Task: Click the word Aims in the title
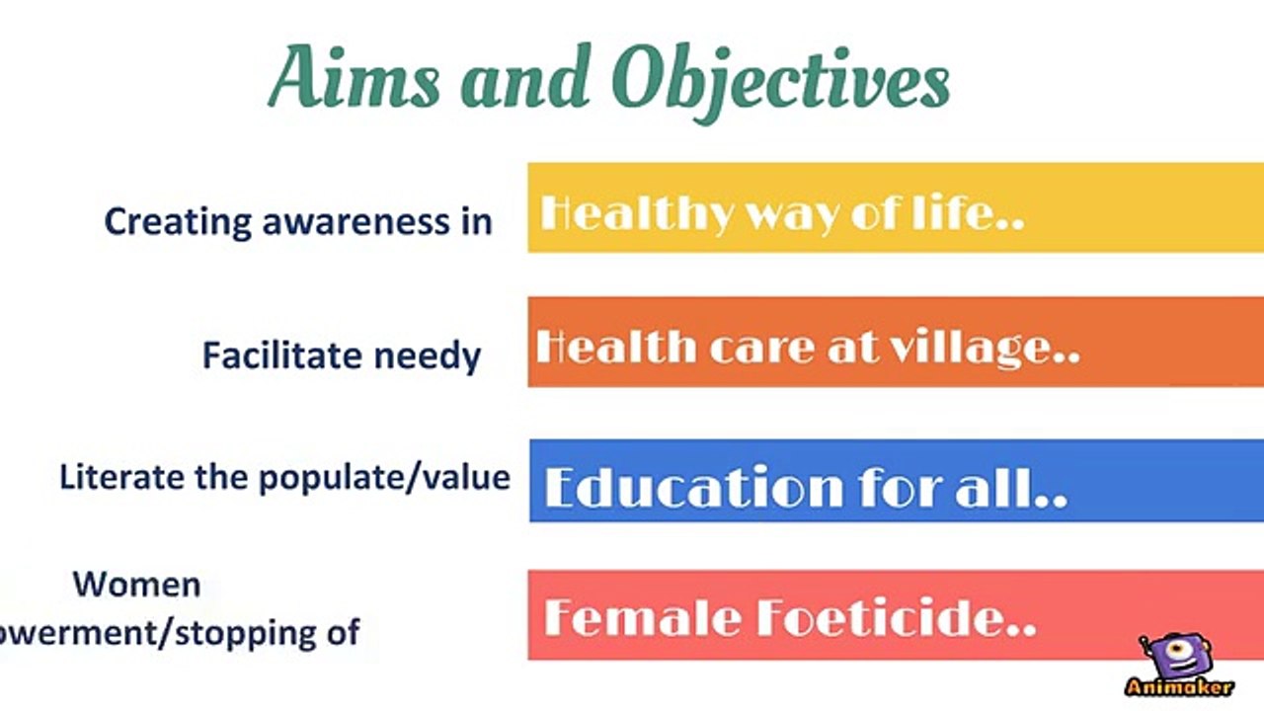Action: pyautogui.click(x=355, y=77)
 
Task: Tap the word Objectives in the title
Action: pyautogui.click(x=781, y=82)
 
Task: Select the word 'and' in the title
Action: pyautogui.click(x=525, y=76)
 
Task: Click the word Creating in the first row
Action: pyautogui.click(x=178, y=222)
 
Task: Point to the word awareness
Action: pyautogui.click(x=356, y=222)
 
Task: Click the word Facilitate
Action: pyautogui.click(x=281, y=355)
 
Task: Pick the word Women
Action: pyautogui.click(x=137, y=584)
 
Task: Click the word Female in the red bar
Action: pyautogui.click(x=642, y=617)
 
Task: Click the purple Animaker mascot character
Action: pyautogui.click(x=1175, y=655)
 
